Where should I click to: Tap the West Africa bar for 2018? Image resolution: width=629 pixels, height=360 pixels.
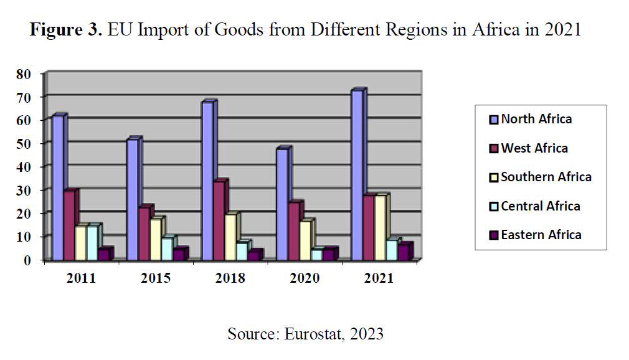pyautogui.click(x=219, y=220)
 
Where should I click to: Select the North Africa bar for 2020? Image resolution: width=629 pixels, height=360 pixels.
pyautogui.click(x=282, y=204)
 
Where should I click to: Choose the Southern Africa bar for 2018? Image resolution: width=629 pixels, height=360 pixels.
pyautogui.click(x=230, y=237)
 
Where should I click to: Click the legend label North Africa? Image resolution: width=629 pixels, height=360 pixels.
pyautogui.click(x=536, y=119)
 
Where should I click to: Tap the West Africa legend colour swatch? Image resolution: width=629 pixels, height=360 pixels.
pyautogui.click(x=494, y=148)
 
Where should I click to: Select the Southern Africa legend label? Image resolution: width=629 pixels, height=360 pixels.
pyautogui.click(x=546, y=177)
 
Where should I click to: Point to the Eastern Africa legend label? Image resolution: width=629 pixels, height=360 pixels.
pyautogui.click(x=541, y=235)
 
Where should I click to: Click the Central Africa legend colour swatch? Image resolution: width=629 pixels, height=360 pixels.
pyautogui.click(x=494, y=206)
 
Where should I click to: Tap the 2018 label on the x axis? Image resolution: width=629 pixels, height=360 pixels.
pyautogui.click(x=230, y=278)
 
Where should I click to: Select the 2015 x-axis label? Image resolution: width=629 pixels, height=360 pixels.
pyautogui.click(x=156, y=278)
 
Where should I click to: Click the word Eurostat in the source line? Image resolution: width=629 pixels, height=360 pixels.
pyautogui.click(x=311, y=334)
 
